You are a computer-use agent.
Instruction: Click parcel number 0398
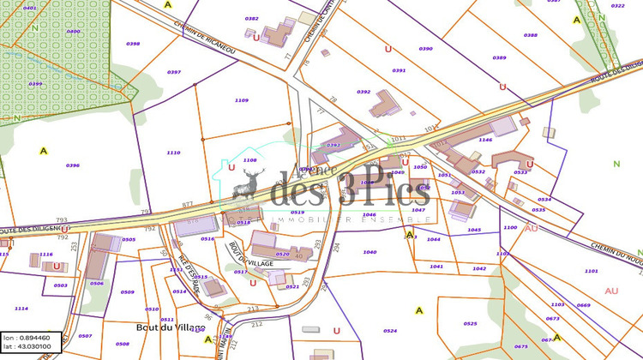(x=133, y=43)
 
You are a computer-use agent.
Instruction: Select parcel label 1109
(x=241, y=100)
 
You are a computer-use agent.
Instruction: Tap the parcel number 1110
(x=173, y=152)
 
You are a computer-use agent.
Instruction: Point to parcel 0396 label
(x=73, y=165)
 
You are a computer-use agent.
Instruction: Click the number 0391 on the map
(x=399, y=70)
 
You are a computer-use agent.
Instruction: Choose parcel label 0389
(x=499, y=57)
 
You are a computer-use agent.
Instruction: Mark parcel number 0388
(x=531, y=35)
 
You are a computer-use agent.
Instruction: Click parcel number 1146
(x=485, y=139)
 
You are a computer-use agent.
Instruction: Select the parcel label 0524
(x=390, y=330)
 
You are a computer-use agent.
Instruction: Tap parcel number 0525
(x=470, y=323)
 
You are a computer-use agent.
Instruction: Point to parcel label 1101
(x=592, y=271)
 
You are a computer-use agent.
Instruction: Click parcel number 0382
(x=251, y=18)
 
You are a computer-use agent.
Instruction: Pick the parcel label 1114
(x=21, y=309)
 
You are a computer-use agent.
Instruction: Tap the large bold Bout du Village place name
(x=171, y=327)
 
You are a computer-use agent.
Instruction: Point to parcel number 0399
(x=35, y=84)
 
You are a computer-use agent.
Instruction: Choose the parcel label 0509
(x=128, y=292)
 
